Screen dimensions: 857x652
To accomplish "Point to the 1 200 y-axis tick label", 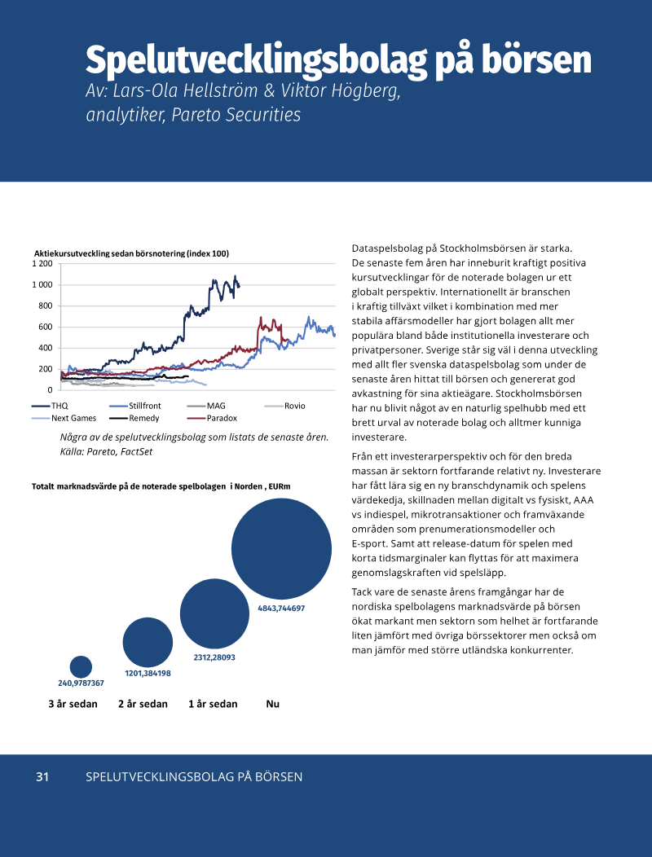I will coord(42,264).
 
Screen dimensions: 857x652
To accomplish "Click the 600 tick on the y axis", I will coord(45,327).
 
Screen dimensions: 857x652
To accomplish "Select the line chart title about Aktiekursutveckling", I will coord(131,253).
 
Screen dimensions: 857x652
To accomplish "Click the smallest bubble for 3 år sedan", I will coord(81,666).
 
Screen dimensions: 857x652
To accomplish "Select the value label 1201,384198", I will coord(148,673).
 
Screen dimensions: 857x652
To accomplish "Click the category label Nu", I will coord(273,704).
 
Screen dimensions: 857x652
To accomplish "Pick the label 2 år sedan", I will coord(143,704).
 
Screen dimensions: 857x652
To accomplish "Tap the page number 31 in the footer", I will coord(42,777).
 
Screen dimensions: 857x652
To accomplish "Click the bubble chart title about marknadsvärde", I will coord(161,486).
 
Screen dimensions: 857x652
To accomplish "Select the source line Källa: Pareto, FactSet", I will coord(107,450).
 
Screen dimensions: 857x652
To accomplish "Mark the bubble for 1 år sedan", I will coord(214,613).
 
